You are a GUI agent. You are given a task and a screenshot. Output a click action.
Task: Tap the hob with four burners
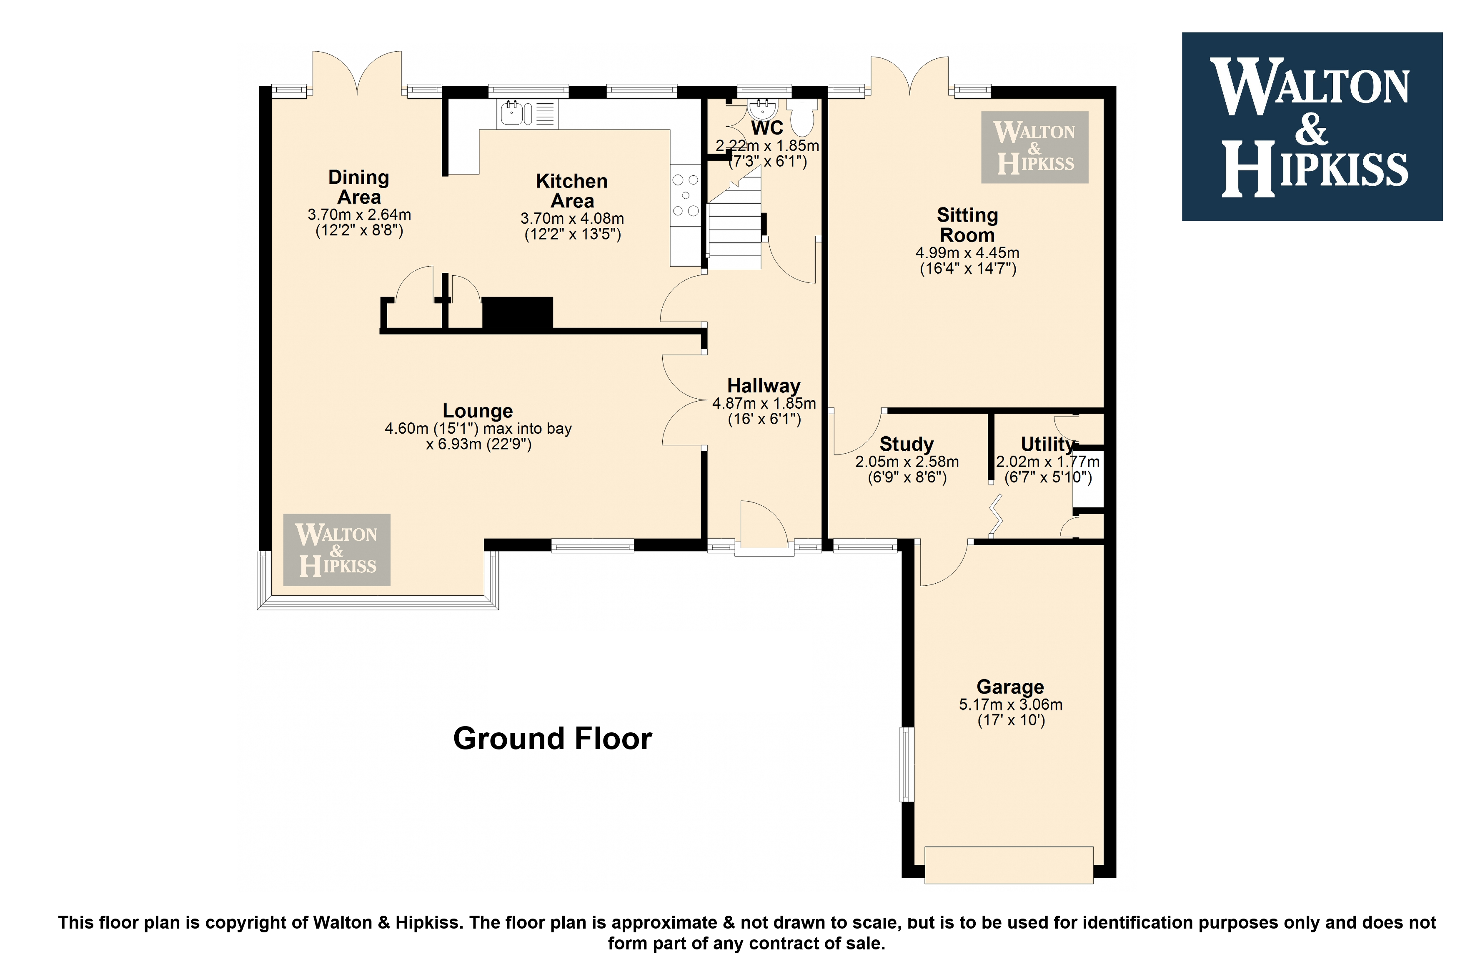686,195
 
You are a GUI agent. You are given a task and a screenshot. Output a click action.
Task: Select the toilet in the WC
802,118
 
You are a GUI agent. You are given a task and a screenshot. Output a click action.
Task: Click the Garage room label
1010,687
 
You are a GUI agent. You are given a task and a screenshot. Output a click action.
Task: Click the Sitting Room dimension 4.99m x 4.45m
967,253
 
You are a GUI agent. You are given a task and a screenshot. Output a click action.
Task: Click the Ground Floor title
553,739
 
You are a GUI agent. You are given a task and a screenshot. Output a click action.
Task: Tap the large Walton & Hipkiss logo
1312,127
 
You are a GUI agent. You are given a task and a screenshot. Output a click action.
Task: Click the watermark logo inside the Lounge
337,550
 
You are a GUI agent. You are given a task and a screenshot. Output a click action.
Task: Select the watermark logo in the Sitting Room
1035,147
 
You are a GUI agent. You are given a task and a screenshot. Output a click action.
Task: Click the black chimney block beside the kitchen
517,313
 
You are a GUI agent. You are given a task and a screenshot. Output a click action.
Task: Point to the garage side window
907,764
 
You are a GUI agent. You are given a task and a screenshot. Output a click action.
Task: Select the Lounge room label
478,411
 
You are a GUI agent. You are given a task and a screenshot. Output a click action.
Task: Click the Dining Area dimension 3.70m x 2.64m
359,215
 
